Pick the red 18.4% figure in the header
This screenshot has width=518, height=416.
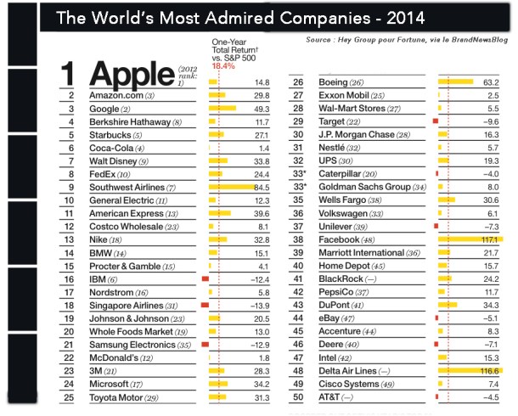[x=222, y=64]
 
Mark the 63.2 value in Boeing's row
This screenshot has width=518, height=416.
[x=490, y=82]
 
